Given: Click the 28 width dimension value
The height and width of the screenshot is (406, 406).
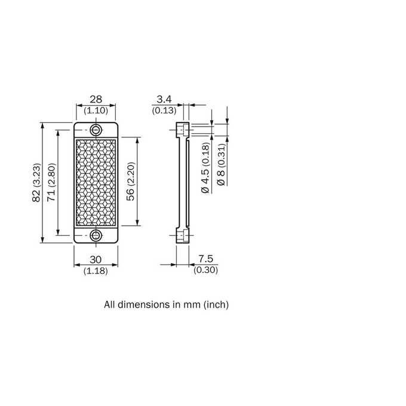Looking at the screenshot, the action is point(96,99).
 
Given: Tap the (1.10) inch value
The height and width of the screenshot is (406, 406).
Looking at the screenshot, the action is point(96,110).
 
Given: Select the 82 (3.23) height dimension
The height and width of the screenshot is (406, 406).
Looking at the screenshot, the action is point(36,183).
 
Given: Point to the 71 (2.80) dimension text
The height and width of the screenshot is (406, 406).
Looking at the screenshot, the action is point(51,182).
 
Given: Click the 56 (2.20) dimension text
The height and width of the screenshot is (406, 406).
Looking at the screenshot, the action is point(131,182).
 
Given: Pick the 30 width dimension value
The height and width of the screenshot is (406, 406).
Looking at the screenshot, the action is point(96,260).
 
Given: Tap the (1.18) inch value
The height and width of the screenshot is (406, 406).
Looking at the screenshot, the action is point(96,271).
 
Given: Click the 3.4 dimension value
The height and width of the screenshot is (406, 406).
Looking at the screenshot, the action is point(164,99).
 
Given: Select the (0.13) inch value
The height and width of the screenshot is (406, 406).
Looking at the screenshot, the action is point(164,110).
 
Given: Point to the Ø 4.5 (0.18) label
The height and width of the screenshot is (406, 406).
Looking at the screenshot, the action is point(205,168).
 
